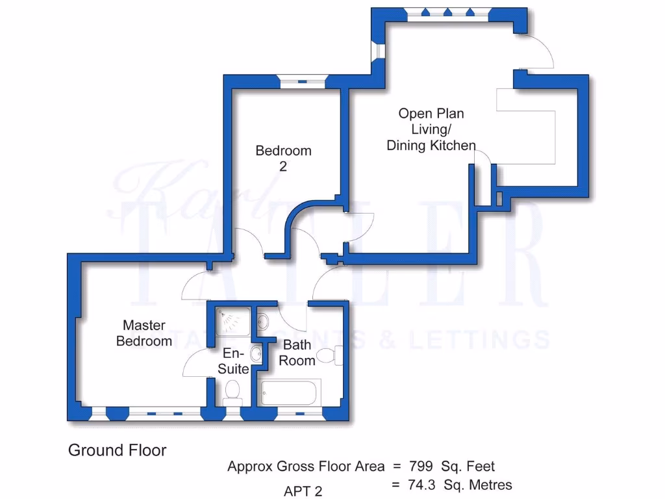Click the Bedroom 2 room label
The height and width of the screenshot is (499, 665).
click(283, 158)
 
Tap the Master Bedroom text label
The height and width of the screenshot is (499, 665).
click(144, 333)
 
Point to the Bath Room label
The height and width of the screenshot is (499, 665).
click(297, 352)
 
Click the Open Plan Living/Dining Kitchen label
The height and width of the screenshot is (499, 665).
click(431, 130)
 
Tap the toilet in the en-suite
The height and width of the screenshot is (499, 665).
click(232, 391)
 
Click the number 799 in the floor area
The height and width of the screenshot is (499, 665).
click(421, 466)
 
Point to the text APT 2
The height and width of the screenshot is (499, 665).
click(303, 491)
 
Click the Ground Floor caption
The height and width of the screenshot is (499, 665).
click(117, 450)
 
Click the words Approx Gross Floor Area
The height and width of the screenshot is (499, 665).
click(305, 466)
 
